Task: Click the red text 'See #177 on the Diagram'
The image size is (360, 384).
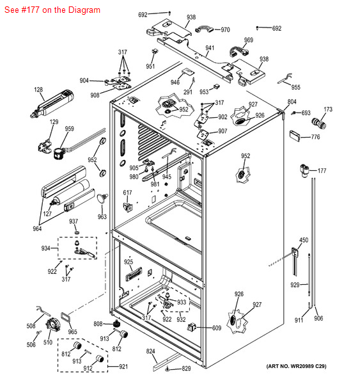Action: (52, 10)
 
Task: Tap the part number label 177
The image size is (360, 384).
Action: (322, 171)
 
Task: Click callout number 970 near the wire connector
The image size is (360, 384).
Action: (225, 29)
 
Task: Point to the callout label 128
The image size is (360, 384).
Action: (38, 90)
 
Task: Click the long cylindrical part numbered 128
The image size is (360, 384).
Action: (52, 104)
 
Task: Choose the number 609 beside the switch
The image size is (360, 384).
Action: (217, 328)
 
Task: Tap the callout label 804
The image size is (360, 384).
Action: (292, 102)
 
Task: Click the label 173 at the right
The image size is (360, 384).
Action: (328, 109)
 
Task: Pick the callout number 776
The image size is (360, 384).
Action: (315, 137)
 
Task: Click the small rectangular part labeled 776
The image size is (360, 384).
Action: (295, 136)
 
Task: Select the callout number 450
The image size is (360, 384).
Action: (304, 240)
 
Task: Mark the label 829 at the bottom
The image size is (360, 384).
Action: (186, 369)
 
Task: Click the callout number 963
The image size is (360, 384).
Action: (102, 216)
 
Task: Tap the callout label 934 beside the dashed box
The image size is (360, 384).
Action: (46, 248)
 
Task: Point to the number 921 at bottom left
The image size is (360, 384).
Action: (123, 367)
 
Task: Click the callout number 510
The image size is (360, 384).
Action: (48, 342)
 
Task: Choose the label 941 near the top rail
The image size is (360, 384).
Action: (210, 48)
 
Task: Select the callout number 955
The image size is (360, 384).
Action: (295, 87)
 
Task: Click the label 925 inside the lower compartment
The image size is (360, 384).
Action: (129, 262)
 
